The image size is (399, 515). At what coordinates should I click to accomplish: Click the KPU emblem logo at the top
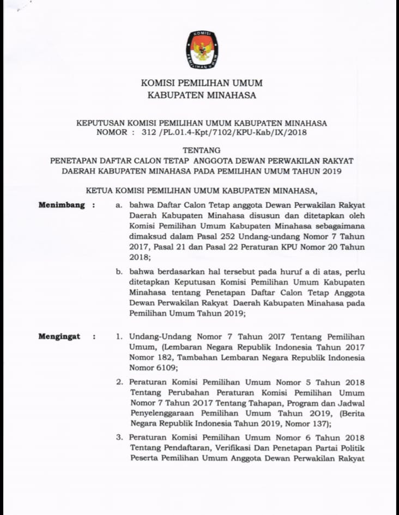(201, 50)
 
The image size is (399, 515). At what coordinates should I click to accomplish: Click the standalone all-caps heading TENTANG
(202, 150)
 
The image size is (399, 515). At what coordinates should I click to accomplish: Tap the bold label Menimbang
(62, 205)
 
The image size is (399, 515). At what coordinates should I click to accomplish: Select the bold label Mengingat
(59, 336)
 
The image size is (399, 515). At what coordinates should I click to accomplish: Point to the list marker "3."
(119, 437)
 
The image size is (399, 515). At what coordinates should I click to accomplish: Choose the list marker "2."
(119, 381)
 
